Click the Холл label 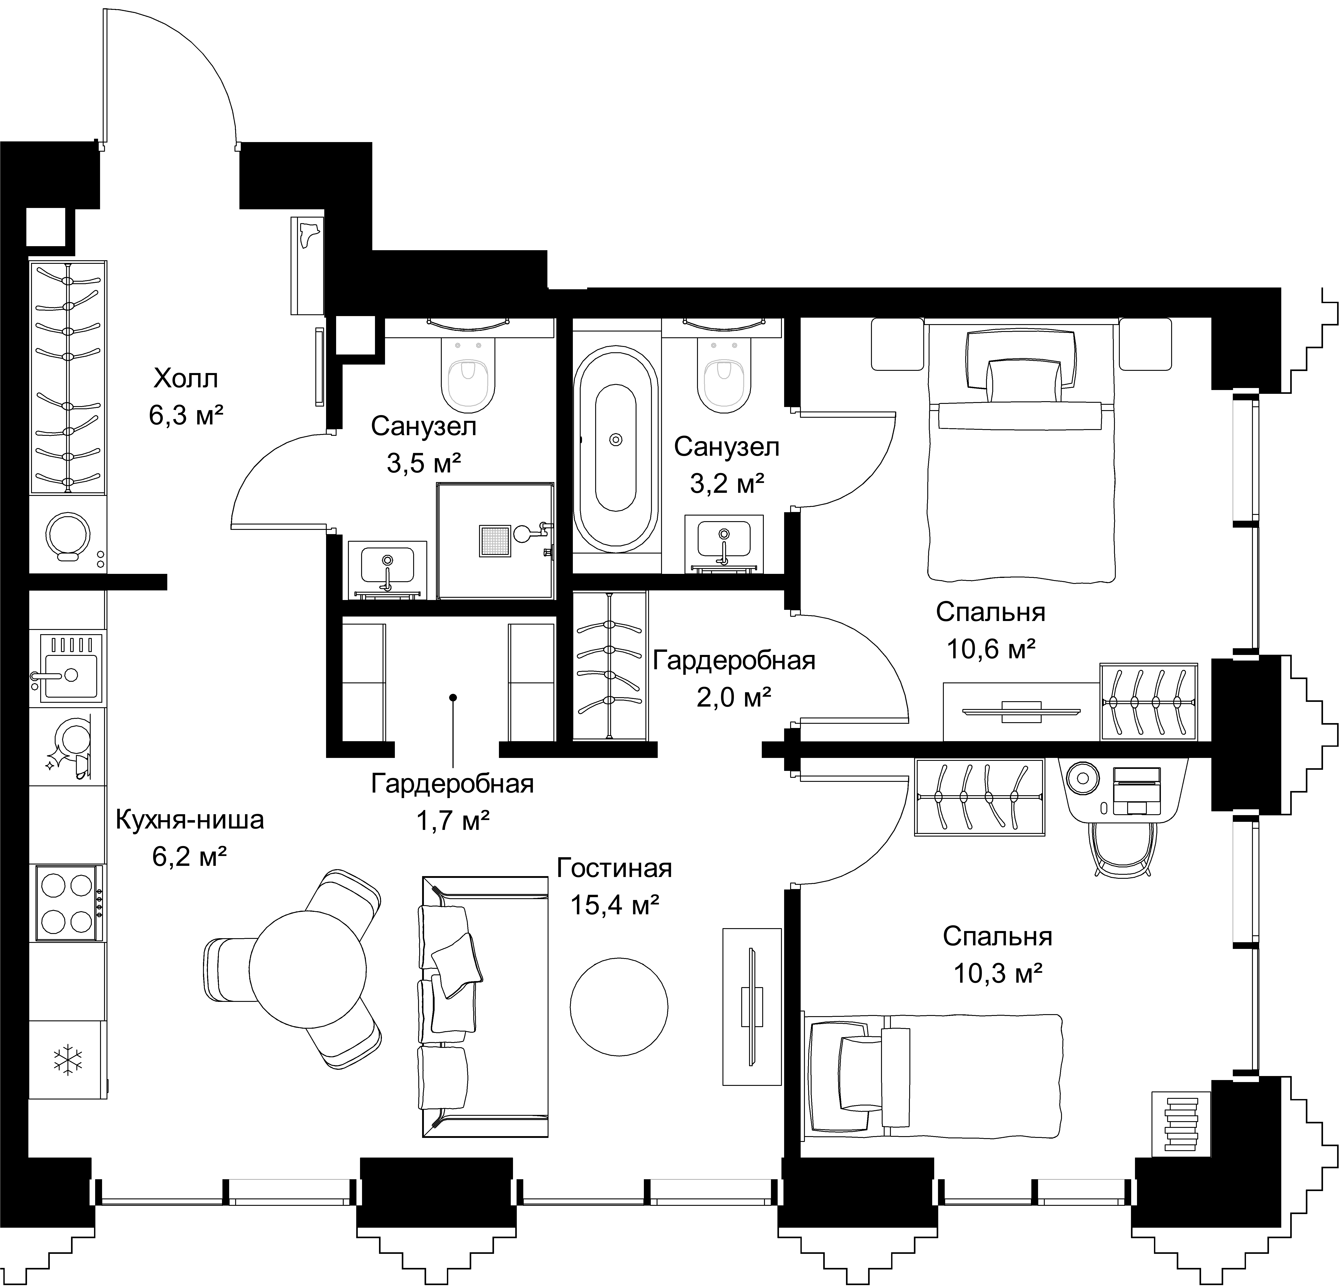point(186,378)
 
